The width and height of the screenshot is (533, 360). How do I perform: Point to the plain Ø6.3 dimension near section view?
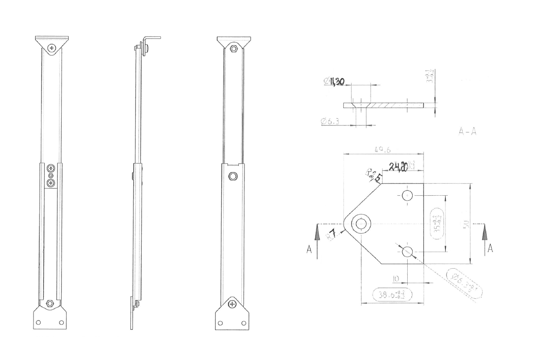pyautogui.click(x=330, y=122)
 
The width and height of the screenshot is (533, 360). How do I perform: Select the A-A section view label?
pyautogui.click(x=467, y=131)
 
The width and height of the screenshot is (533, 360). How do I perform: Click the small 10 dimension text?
pyautogui.click(x=396, y=278)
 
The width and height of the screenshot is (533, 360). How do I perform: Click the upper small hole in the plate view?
pyautogui.click(x=407, y=195)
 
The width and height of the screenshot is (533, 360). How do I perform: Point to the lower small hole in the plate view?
pyautogui.click(x=407, y=251)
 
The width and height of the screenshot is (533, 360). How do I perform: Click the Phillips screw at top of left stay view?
pyautogui.click(x=52, y=48)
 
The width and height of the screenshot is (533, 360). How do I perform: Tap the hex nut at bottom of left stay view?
pyautogui.click(x=50, y=303)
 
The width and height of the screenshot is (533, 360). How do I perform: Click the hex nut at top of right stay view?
pyautogui.click(x=233, y=48)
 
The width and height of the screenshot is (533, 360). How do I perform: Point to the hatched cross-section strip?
pyautogui.click(x=383, y=105)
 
